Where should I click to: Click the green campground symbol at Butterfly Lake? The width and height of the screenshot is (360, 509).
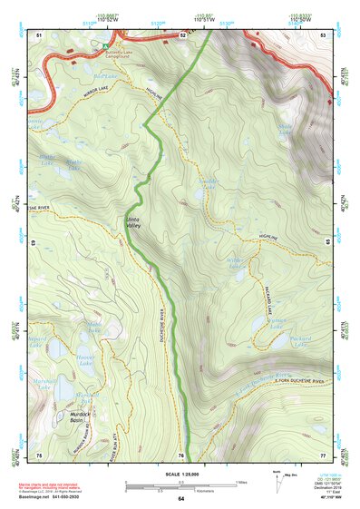[x=105, y=42]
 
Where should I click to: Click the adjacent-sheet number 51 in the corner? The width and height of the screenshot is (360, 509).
[x=39, y=34]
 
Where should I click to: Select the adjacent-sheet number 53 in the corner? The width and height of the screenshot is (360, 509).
[x=323, y=34]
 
